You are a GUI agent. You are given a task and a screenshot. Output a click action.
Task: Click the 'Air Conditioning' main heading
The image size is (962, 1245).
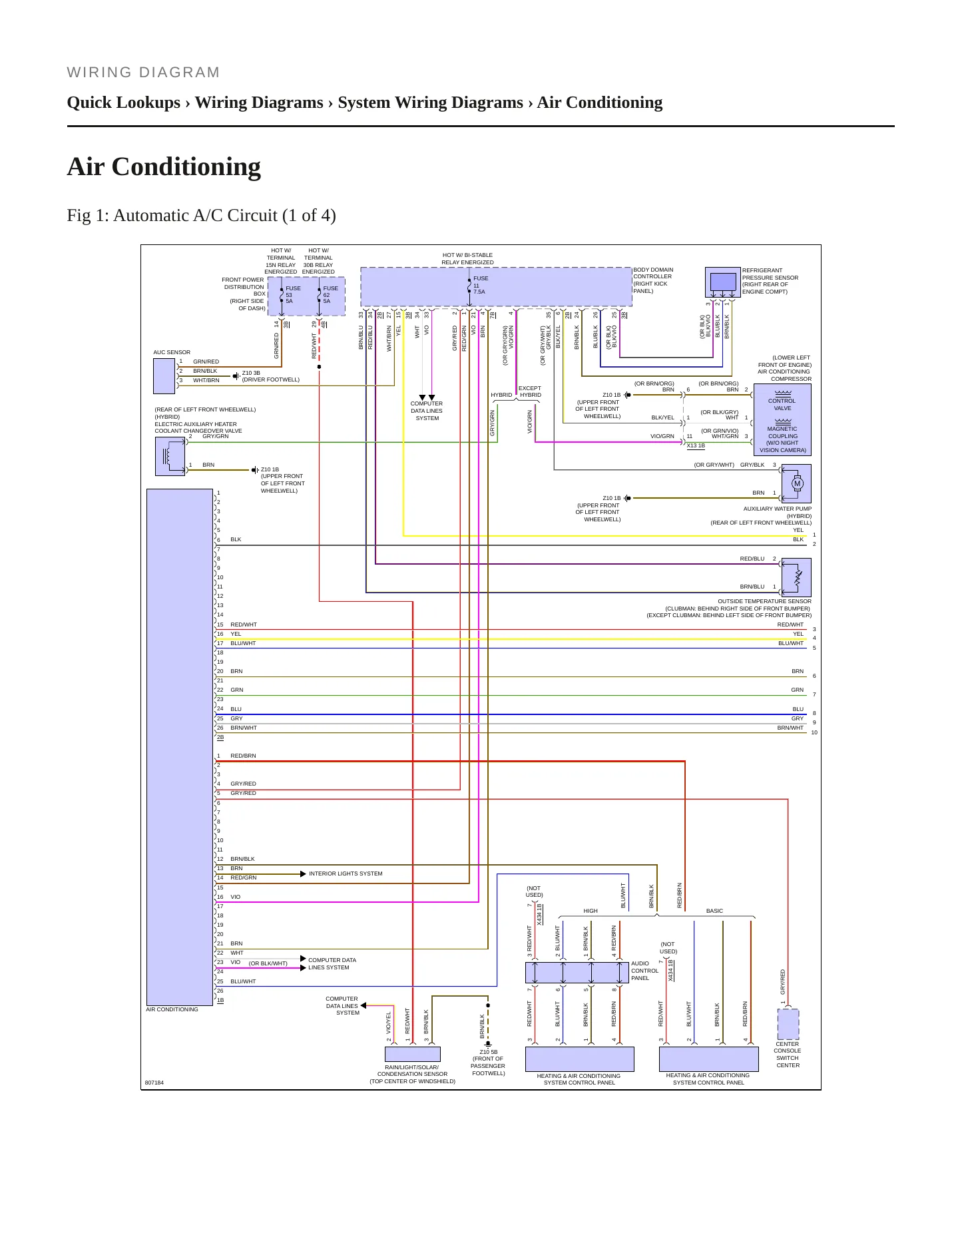tap(164, 166)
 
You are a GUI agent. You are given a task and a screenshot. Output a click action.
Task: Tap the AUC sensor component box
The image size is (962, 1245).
tap(164, 376)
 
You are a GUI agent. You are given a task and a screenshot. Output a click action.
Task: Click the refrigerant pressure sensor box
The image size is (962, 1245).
tap(722, 282)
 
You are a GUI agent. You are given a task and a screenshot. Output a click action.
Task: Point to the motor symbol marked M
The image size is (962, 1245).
tap(797, 484)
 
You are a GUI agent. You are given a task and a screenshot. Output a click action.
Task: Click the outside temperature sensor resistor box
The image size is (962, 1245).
tap(796, 577)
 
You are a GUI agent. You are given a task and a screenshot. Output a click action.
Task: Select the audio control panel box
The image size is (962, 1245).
tap(577, 972)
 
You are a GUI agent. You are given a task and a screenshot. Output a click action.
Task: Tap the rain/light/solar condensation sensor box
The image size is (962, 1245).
tap(413, 1054)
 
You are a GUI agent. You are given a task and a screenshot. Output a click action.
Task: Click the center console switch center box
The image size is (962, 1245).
tap(788, 1024)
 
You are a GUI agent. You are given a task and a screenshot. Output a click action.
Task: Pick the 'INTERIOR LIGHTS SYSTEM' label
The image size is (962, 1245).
tap(346, 873)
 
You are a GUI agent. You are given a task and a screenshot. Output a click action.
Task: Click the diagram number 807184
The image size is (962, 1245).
tap(154, 1083)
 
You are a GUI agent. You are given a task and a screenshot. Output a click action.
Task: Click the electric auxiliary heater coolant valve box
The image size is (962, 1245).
tap(170, 456)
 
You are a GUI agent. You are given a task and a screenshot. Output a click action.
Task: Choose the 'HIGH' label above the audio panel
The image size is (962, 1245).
tap(591, 911)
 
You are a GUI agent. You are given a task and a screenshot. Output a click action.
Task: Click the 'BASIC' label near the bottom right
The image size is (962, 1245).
tap(714, 911)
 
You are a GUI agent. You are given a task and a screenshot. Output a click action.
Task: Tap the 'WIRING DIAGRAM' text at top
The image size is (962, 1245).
tap(143, 73)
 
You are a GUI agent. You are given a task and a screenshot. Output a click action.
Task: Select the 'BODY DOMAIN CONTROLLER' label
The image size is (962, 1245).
tap(652, 273)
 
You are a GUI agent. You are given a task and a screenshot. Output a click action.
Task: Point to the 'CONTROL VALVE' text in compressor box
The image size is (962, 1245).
tap(782, 404)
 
